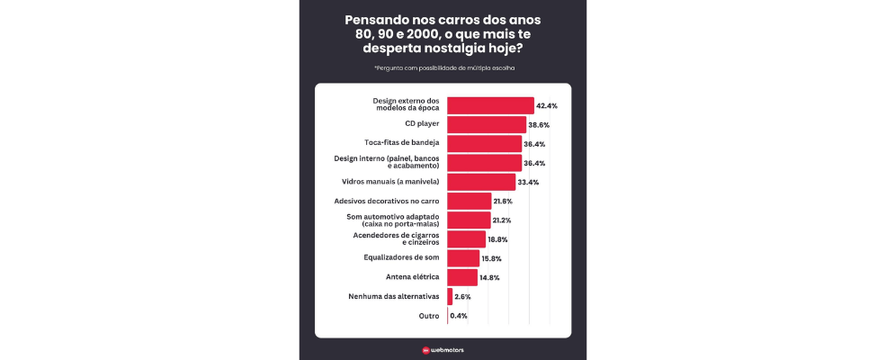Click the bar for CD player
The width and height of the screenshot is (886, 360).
486,124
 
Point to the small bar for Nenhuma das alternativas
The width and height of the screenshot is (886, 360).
450,296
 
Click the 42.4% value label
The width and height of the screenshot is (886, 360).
547,105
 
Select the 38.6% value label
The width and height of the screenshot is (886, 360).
538,125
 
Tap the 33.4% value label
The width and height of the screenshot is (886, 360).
528,182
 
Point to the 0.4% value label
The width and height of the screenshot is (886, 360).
459,316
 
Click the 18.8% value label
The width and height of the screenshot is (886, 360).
497,239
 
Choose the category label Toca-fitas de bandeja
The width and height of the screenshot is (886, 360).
402,143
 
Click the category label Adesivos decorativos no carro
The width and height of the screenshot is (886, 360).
387,201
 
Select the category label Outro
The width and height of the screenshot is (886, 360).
429,316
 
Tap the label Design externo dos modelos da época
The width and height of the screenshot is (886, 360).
406,104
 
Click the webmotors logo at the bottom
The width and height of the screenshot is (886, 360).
443,350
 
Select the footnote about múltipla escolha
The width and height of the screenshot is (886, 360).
443,67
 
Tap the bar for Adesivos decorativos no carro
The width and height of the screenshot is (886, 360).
469,201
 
